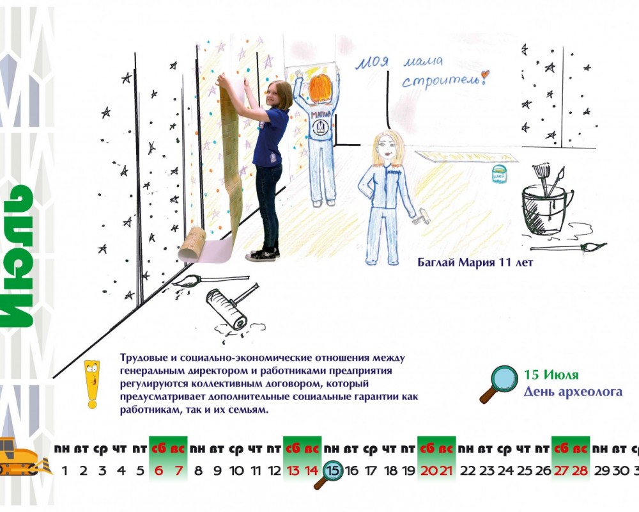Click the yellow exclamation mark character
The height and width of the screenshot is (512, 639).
pyautogui.click(x=93, y=384)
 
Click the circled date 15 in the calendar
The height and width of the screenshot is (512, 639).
pyautogui.click(x=333, y=470)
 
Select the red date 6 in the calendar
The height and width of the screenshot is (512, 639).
pyautogui.click(x=159, y=471)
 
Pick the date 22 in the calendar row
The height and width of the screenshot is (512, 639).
pyautogui.click(x=468, y=471)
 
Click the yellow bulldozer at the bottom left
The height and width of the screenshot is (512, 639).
pyautogui.click(x=22, y=456)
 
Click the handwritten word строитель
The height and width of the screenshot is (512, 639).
pyautogui.click(x=441, y=79)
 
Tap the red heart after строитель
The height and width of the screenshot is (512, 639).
pyautogui.click(x=484, y=75)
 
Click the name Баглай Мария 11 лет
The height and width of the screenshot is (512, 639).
pyautogui.click(x=475, y=262)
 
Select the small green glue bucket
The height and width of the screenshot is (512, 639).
pyautogui.click(x=499, y=173)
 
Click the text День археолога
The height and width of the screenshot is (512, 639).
pyautogui.click(x=573, y=392)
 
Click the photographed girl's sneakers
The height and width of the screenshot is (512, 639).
pyautogui.click(x=263, y=254)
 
